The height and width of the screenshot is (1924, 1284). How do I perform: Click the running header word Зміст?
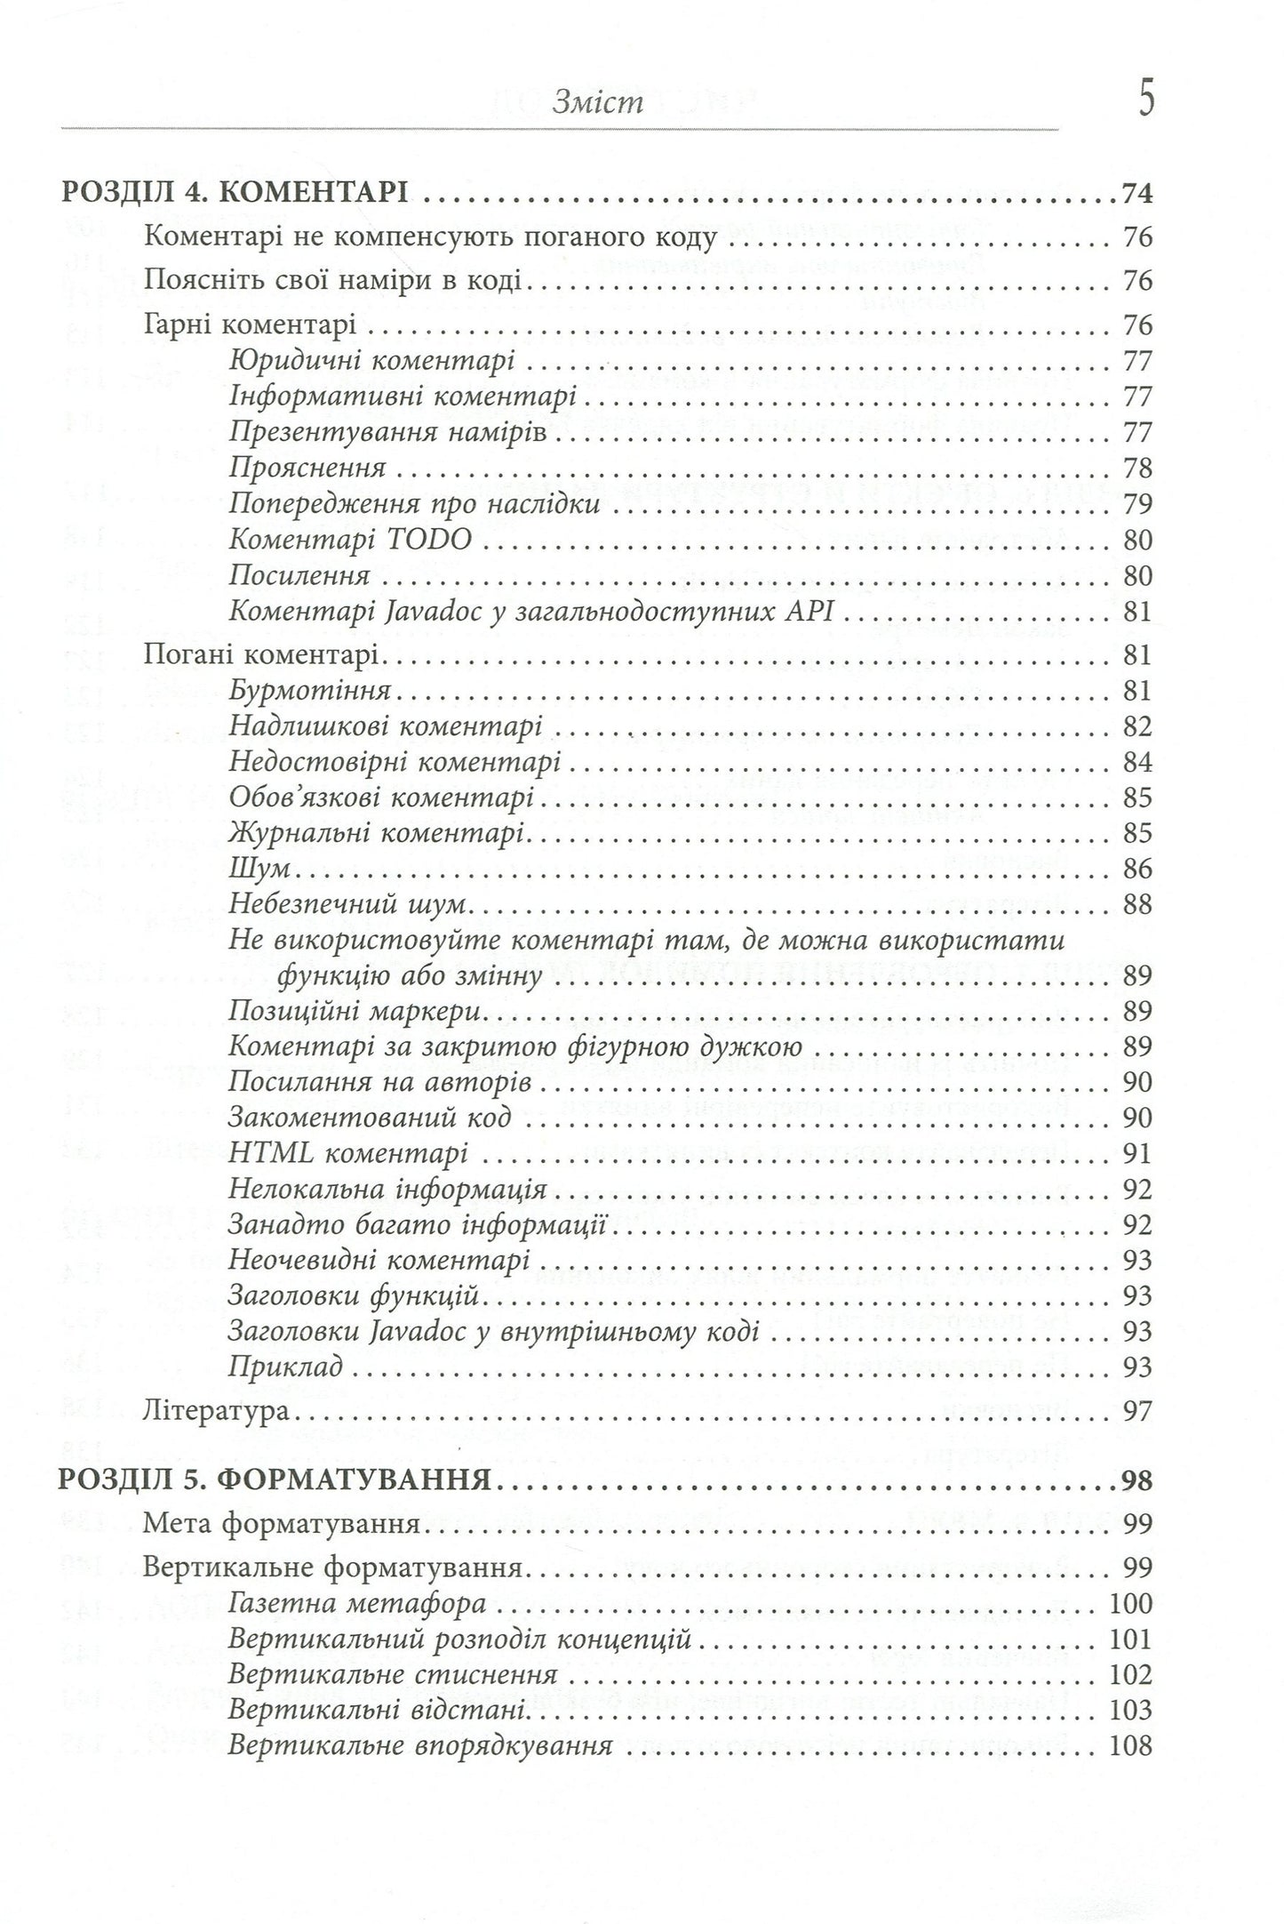597,104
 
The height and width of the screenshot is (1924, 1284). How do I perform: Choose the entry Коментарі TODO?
350,540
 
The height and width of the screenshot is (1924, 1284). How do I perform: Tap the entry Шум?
255,869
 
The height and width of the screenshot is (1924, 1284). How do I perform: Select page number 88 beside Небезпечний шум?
1136,904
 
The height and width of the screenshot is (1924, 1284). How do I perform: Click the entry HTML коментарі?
347,1153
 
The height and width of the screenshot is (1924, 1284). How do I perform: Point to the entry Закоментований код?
370,1118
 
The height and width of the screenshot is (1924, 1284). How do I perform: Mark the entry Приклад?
285,1367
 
